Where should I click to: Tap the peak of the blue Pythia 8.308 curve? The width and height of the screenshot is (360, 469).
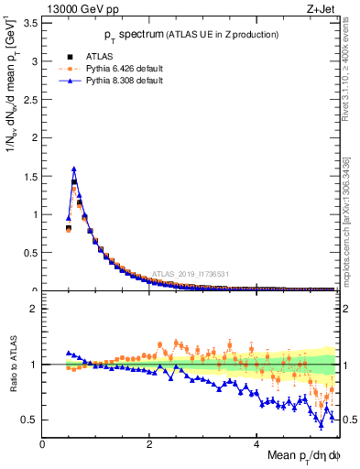[x=73, y=169]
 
